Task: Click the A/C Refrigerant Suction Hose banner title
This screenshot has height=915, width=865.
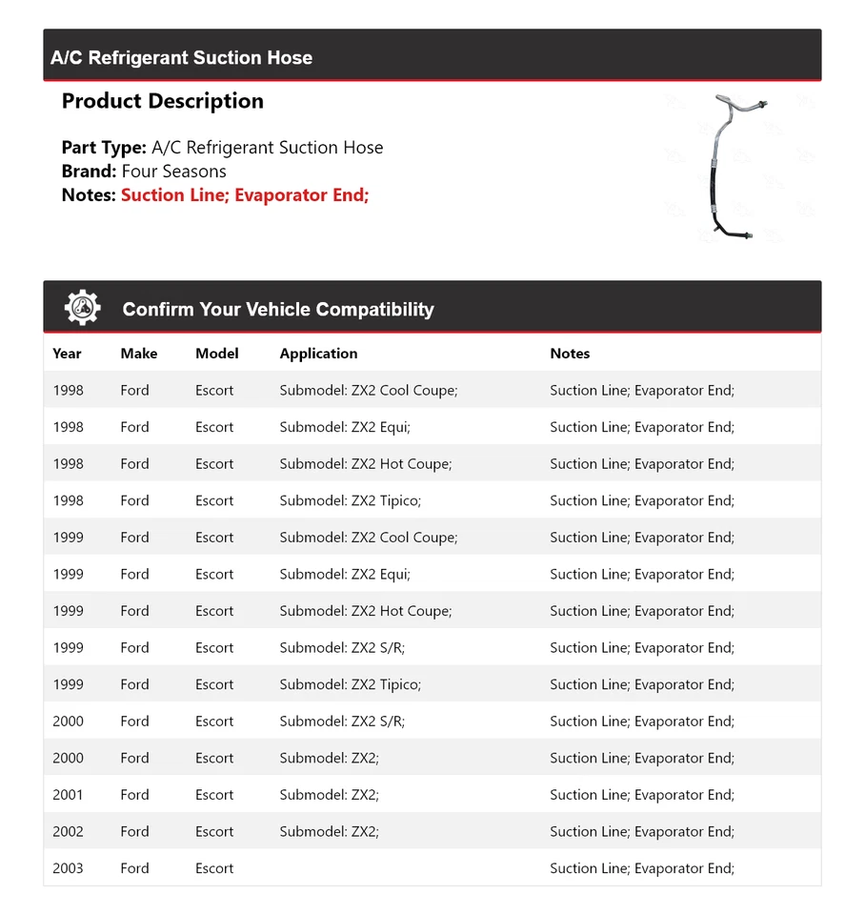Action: [x=181, y=58]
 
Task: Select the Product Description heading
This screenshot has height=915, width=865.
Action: [x=162, y=101]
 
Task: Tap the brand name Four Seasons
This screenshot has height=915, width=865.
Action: [x=173, y=172]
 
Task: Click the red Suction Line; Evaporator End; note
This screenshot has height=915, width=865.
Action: [x=245, y=195]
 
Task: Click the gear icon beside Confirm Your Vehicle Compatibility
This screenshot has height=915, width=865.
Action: [x=82, y=308]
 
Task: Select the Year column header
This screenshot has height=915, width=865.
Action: [x=67, y=354]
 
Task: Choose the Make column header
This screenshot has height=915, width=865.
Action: [x=138, y=354]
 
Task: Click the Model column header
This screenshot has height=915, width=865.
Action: [x=216, y=354]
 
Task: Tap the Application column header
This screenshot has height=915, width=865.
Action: [x=318, y=354]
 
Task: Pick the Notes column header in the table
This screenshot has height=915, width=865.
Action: [x=570, y=354]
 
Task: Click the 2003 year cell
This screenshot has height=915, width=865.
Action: [x=68, y=868]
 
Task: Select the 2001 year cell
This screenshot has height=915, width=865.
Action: [x=68, y=795]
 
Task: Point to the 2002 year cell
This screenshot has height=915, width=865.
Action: [x=68, y=832]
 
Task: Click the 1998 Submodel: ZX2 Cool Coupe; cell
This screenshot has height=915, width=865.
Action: [x=368, y=391]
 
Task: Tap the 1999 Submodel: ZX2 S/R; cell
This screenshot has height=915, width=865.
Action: [x=342, y=648]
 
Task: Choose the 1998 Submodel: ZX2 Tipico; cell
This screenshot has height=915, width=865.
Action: [x=350, y=501]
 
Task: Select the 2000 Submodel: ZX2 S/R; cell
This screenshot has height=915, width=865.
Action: [x=342, y=722]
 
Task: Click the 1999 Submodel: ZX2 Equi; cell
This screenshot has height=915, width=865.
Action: [x=345, y=575]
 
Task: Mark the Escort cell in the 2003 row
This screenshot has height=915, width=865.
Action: [x=214, y=868]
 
